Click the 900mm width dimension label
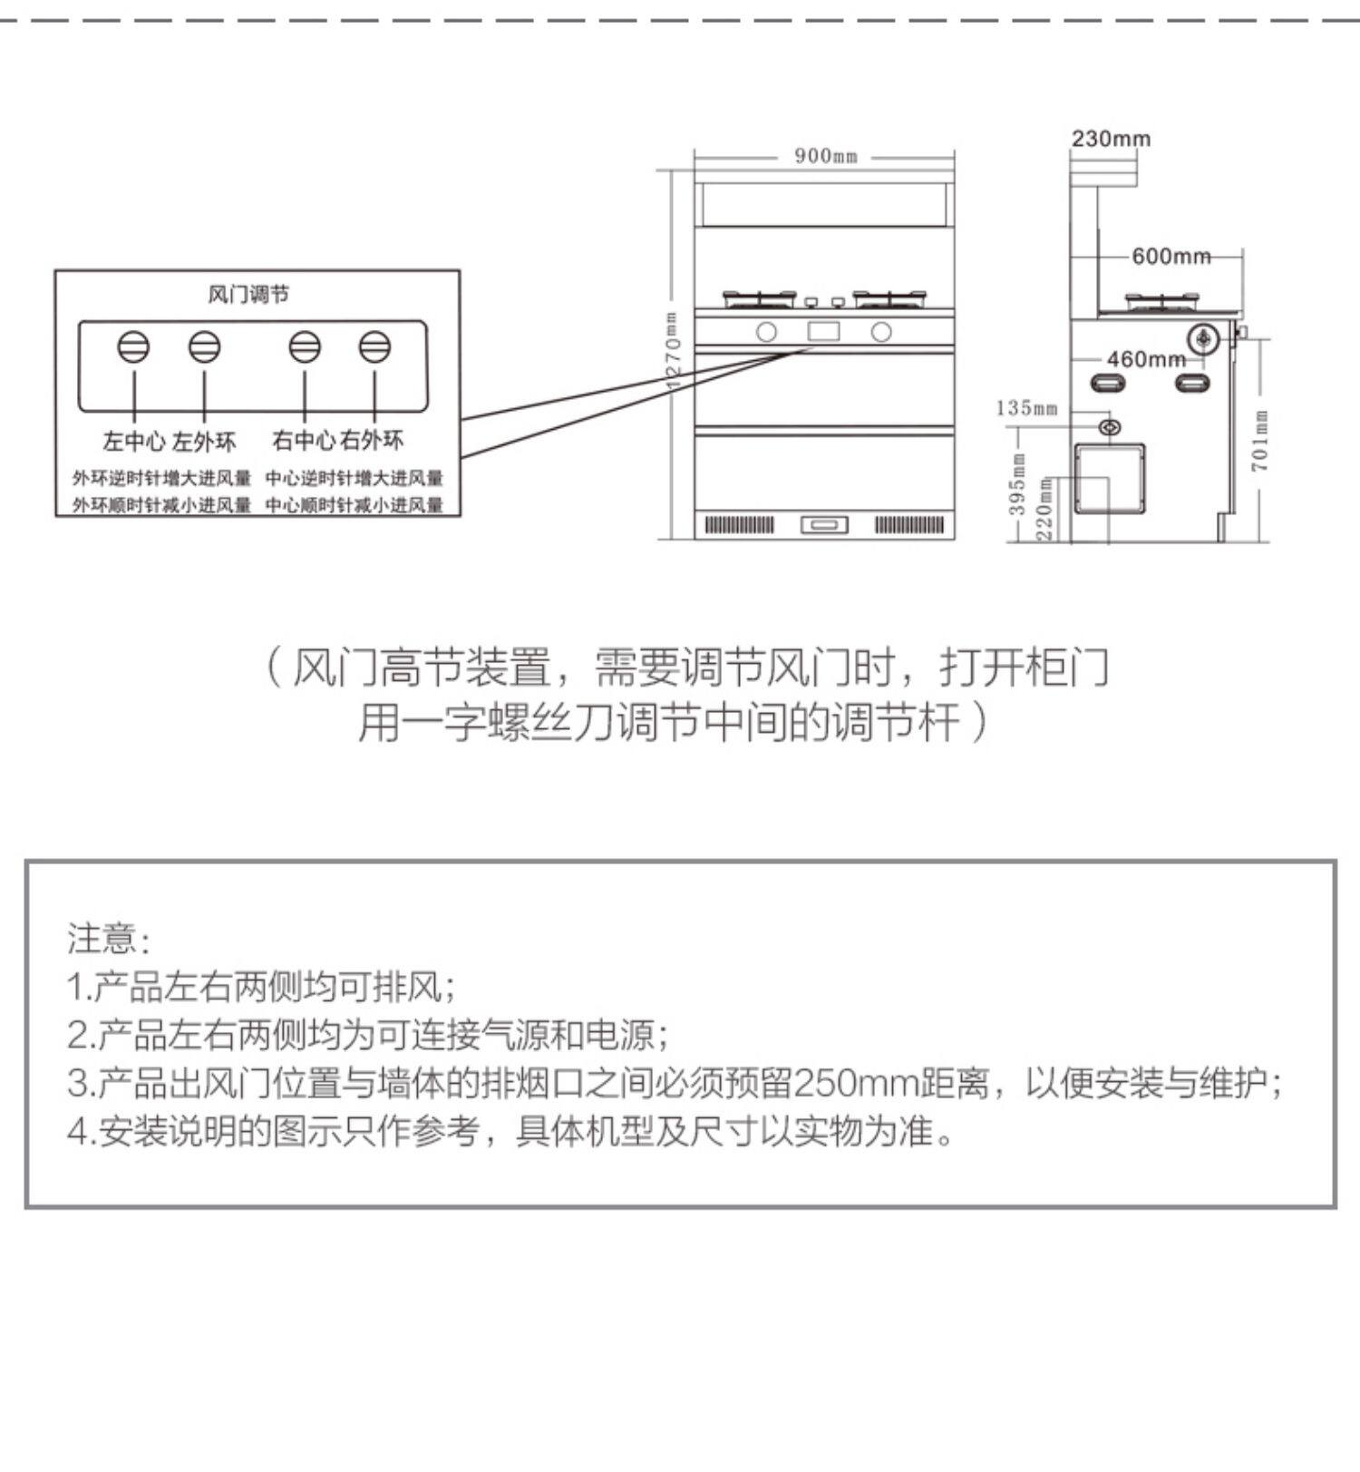pyautogui.click(x=825, y=156)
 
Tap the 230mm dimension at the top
pyautogui.click(x=1111, y=139)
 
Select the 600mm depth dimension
pyautogui.click(x=1171, y=257)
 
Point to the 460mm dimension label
pyautogui.click(x=1146, y=359)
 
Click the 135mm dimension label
pyautogui.click(x=1026, y=408)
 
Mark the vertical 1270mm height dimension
pyautogui.click(x=672, y=350)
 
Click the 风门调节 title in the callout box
pyautogui.click(x=248, y=295)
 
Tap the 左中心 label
pyautogui.click(x=134, y=442)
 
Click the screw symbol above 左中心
pyautogui.click(x=133, y=347)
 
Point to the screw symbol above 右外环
pyautogui.click(x=374, y=347)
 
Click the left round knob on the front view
pyautogui.click(x=766, y=333)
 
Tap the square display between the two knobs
pyautogui.click(x=823, y=331)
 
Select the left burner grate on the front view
pyautogui.click(x=760, y=299)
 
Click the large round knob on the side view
pyautogui.click(x=1204, y=339)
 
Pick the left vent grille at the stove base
pyautogui.click(x=740, y=525)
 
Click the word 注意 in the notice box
pyautogui.click(x=102, y=938)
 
